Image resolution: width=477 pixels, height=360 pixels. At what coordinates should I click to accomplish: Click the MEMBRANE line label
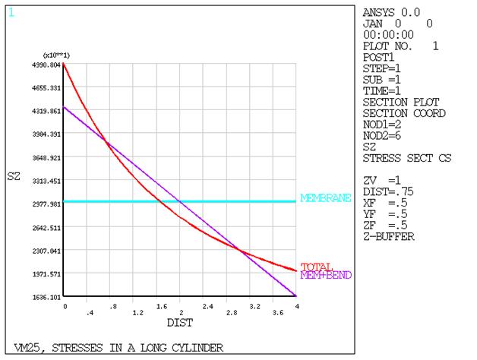325,198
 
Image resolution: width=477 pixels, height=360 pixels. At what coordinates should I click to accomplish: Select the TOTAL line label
315,267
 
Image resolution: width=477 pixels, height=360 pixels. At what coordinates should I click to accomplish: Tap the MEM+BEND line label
326,274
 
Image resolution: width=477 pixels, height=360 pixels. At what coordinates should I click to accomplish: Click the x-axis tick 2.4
208,312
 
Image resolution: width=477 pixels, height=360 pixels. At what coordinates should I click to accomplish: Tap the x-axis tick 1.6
161,312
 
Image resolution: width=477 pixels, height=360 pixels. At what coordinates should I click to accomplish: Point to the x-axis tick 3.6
278,312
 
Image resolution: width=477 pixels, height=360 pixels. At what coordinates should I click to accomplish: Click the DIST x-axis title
180,322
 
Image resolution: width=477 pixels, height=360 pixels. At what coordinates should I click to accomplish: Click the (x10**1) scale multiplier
57,55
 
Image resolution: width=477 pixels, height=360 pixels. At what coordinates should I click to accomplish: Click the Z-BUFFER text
389,236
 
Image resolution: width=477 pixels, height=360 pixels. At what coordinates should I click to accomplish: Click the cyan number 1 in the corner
11,12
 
